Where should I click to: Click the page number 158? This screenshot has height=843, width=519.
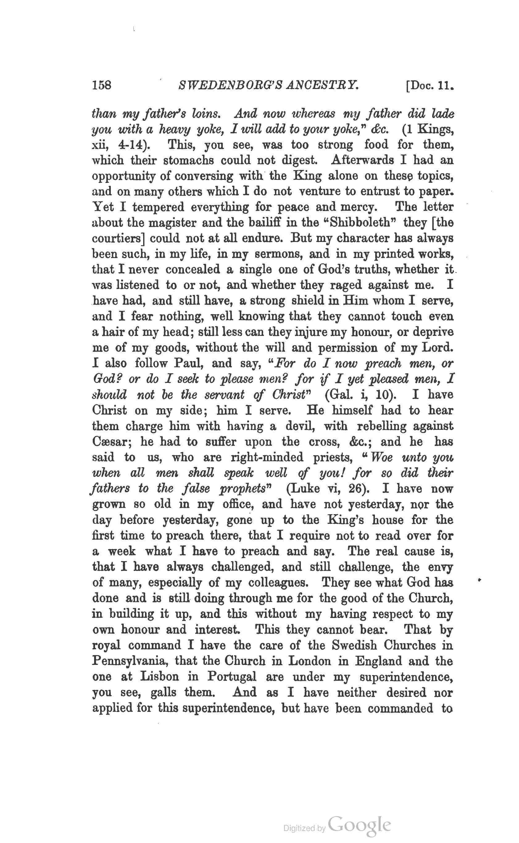click(102, 85)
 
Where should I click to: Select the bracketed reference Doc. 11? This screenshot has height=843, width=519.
click(429, 85)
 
